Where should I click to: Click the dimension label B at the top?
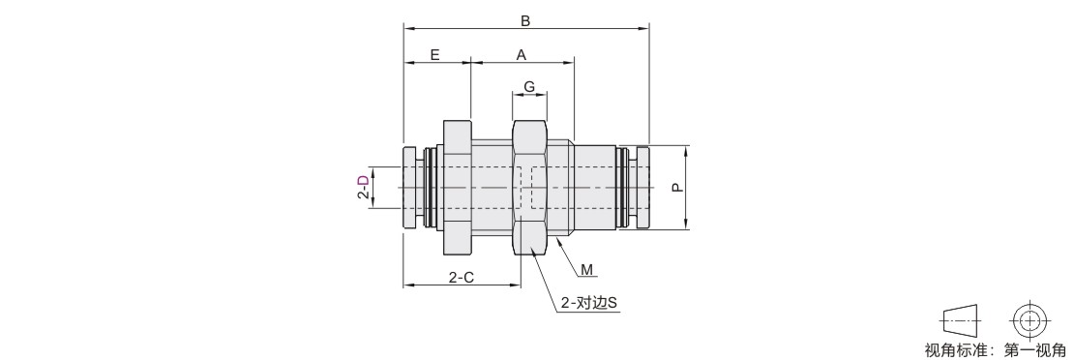[524, 20]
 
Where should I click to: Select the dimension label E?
[435, 55]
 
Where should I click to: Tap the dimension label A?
[522, 55]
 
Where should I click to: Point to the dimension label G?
[529, 87]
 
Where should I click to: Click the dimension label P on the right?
[677, 187]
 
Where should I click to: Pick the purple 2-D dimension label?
[363, 187]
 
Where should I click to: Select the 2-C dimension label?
[461, 277]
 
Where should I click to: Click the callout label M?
[587, 269]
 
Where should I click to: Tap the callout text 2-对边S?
[589, 302]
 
